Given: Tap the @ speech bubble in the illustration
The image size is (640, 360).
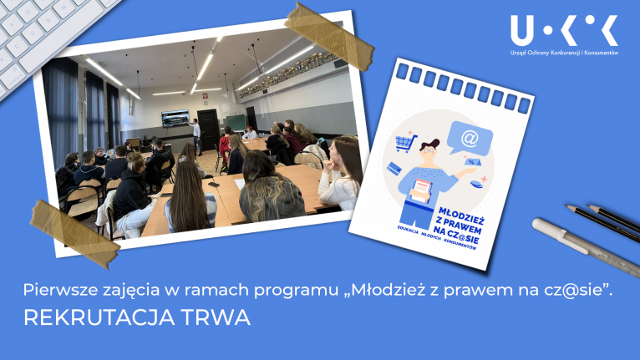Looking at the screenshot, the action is point(470,139).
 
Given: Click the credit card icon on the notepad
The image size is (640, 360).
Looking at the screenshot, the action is point(394,168).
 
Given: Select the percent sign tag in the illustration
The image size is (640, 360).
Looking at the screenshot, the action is point(471,162).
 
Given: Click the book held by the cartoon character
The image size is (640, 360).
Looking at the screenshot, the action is point(421,190).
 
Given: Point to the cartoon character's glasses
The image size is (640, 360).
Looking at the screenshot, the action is point(428,150).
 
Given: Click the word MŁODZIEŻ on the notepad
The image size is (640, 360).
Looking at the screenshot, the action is point(461,215).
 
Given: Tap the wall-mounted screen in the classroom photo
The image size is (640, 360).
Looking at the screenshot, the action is point(175,119).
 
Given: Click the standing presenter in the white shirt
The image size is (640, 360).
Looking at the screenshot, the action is point(196,136).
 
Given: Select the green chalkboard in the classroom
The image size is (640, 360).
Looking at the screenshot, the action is point(236,123).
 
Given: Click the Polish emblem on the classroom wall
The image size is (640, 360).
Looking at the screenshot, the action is point(205,97).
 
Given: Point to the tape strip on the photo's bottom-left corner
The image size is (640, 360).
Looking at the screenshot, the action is point(74,234).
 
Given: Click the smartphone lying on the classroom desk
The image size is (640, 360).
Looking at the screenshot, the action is point(213,185).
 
